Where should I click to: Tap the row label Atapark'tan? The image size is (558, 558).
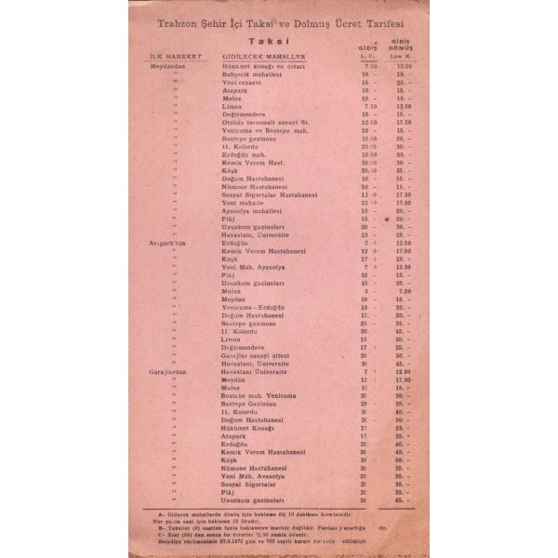[x=168, y=244]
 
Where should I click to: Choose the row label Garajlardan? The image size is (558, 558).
[x=169, y=371]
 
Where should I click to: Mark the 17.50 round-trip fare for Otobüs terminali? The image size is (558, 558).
[x=403, y=122]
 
